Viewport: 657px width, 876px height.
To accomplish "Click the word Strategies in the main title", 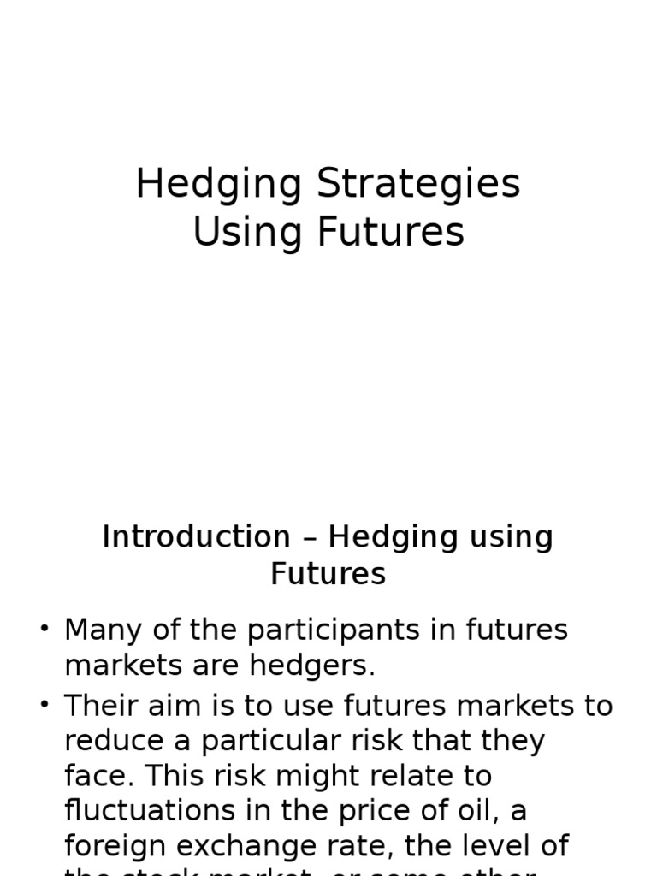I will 418,185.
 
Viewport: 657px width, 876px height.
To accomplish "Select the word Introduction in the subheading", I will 196,537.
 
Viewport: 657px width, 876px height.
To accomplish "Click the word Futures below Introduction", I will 328,573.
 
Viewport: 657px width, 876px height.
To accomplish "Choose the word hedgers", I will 323,665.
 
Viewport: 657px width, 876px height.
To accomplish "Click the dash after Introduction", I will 310,539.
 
